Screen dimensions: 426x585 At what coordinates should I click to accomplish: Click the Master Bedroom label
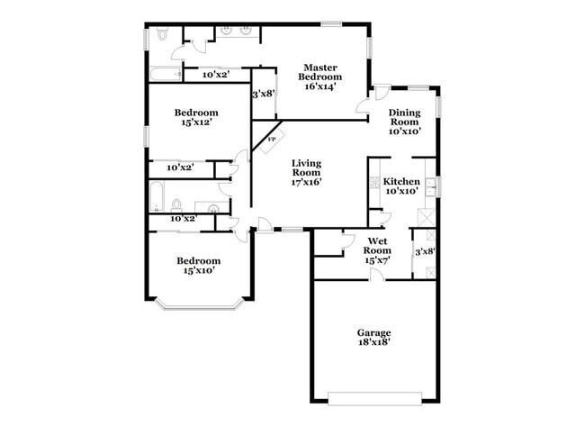tap(319, 77)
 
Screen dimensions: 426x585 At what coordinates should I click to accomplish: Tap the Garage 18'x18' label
tap(373, 337)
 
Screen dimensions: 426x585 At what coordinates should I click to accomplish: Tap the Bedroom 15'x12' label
tap(197, 118)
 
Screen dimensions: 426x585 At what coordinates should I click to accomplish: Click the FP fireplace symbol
tap(270, 140)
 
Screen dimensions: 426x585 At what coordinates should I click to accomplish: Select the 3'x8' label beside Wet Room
tap(424, 251)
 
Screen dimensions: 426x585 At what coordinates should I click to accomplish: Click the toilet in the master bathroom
tap(161, 35)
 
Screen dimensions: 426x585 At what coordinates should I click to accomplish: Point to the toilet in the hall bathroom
tap(177, 204)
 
